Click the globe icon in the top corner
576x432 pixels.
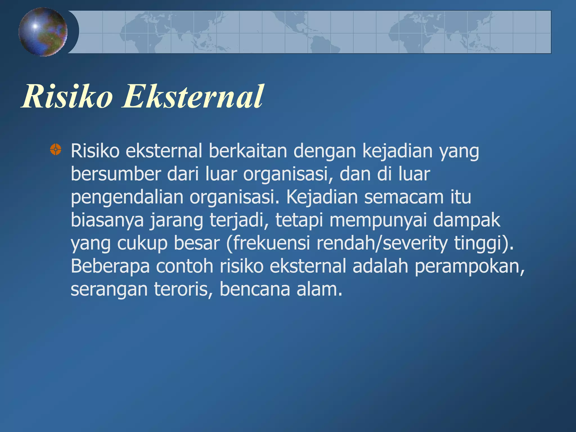tap(43, 32)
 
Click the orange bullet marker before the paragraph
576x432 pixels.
tap(55, 149)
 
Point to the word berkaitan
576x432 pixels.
tap(247, 151)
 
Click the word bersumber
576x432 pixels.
tap(116, 174)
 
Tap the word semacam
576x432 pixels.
tap(404, 197)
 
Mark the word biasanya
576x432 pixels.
tap(107, 220)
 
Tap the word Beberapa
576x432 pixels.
tap(110, 266)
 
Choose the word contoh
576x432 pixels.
tap(184, 266)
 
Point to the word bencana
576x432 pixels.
tap(255, 289)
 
